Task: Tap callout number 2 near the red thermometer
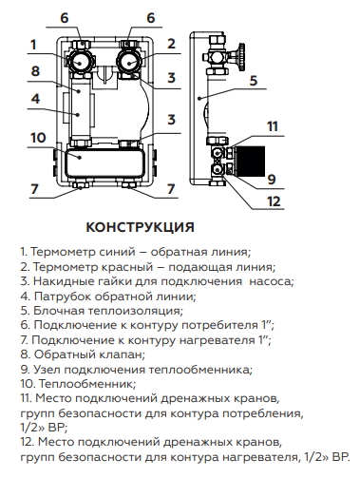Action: [172, 44]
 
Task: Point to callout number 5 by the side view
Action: [255, 82]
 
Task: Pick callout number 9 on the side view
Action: [272, 177]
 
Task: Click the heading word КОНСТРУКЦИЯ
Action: [140, 228]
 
